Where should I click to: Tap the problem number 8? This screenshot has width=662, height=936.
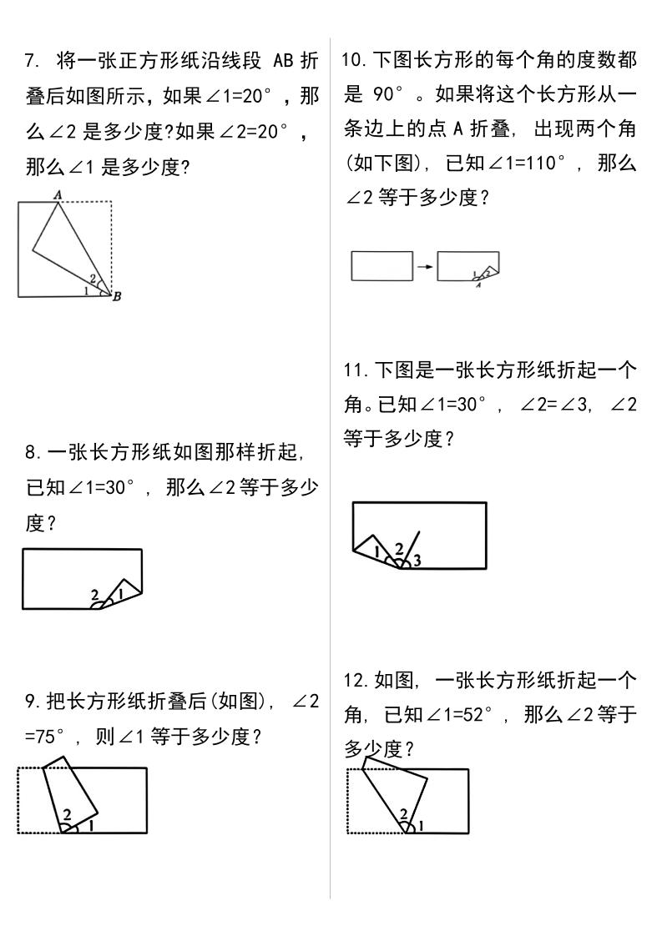(x=31, y=453)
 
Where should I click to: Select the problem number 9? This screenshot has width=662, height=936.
(x=31, y=702)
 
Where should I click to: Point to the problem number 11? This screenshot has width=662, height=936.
(x=354, y=370)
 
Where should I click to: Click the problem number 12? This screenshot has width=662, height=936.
(x=354, y=681)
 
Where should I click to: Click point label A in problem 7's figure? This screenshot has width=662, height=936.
(x=58, y=194)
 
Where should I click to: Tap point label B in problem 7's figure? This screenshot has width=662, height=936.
(x=116, y=296)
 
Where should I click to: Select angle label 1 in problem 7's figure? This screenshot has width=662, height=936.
(x=86, y=290)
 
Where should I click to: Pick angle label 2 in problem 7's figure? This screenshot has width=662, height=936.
(x=93, y=279)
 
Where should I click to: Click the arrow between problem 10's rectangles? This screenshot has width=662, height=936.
(x=425, y=267)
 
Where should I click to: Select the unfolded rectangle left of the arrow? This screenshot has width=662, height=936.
(x=382, y=265)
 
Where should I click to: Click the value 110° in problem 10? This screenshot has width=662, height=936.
(x=544, y=163)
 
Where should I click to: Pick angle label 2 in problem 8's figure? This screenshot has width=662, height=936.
(x=95, y=595)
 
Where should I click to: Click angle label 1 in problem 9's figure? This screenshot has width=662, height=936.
(x=90, y=825)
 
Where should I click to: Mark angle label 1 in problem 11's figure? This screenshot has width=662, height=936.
(x=377, y=551)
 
